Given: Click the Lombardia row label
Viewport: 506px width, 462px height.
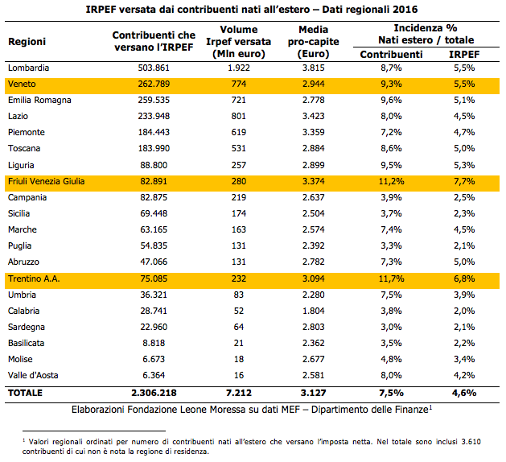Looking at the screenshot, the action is [28, 68].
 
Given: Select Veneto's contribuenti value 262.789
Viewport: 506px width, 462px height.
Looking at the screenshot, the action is [154, 84].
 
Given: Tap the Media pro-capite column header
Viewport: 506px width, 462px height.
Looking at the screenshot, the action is [314, 42].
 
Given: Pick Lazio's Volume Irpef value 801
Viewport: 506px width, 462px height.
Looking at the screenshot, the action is [238, 116].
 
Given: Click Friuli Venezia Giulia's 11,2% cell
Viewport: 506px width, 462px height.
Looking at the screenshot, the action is [391, 181].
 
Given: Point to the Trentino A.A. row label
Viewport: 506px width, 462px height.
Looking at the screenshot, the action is [34, 278].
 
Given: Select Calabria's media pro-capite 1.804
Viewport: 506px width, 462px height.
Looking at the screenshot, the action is [314, 311].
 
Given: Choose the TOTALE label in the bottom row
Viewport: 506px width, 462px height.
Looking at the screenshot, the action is [25, 393].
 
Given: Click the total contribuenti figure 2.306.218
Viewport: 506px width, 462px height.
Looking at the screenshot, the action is [154, 393].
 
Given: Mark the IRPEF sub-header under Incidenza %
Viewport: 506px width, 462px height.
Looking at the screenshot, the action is [464, 54].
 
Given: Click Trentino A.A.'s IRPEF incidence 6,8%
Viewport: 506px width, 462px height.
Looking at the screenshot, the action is [464, 278].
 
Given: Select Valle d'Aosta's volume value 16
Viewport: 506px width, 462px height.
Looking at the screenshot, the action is [238, 375].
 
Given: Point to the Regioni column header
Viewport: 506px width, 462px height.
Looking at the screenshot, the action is [27, 42].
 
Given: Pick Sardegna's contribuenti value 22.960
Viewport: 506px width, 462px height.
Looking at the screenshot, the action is [154, 327].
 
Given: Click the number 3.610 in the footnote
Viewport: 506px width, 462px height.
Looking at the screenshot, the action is [471, 442].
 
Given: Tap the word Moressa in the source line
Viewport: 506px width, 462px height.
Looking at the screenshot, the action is [228, 410].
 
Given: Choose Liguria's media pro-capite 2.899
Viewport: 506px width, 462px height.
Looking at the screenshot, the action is [314, 165].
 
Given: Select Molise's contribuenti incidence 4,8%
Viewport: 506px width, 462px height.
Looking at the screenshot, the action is [391, 359].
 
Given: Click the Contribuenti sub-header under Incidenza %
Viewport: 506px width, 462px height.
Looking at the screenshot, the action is [391, 54].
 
